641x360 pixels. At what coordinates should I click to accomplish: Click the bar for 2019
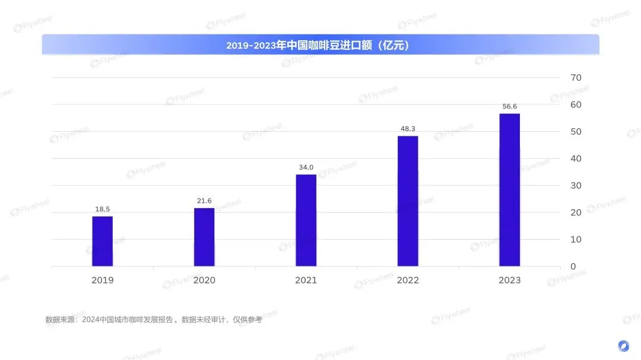tap(102, 241)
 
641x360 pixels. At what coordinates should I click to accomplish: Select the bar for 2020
tap(204, 237)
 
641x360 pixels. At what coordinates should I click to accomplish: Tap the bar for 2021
tap(306, 220)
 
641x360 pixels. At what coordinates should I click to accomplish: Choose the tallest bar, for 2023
tap(510, 190)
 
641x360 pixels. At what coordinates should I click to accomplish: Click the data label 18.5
tap(102, 209)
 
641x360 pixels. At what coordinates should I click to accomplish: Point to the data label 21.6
tap(204, 201)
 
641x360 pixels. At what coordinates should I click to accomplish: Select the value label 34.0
tap(306, 167)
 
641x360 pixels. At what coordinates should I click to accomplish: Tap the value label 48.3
tap(408, 129)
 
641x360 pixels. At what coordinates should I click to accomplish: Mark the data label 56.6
tap(510, 107)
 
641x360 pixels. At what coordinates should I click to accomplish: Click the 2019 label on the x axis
tap(102, 280)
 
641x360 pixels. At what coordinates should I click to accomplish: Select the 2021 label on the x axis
tap(306, 280)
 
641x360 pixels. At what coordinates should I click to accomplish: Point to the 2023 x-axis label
tap(510, 280)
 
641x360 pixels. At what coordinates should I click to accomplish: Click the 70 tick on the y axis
tap(576, 78)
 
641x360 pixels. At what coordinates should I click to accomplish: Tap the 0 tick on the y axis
tap(573, 266)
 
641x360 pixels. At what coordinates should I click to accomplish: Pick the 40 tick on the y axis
tap(576, 158)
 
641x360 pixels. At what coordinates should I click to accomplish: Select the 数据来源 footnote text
tap(153, 320)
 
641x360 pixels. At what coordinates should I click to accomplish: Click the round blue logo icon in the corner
tap(623, 346)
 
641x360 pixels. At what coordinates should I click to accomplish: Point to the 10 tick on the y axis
tap(576, 239)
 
